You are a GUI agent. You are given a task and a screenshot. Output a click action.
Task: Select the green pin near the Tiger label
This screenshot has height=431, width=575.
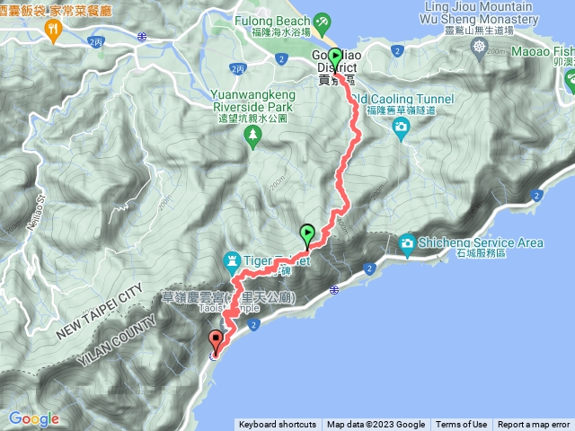307,234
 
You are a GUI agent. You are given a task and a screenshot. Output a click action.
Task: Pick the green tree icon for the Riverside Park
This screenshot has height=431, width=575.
253,135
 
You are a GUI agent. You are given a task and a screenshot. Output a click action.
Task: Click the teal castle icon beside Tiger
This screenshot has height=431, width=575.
233,261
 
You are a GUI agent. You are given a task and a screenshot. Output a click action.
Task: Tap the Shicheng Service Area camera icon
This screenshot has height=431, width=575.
408,242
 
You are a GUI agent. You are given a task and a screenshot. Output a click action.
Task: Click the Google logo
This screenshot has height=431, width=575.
33,418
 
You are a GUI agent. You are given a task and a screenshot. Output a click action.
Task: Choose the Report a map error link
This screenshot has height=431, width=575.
534,425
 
